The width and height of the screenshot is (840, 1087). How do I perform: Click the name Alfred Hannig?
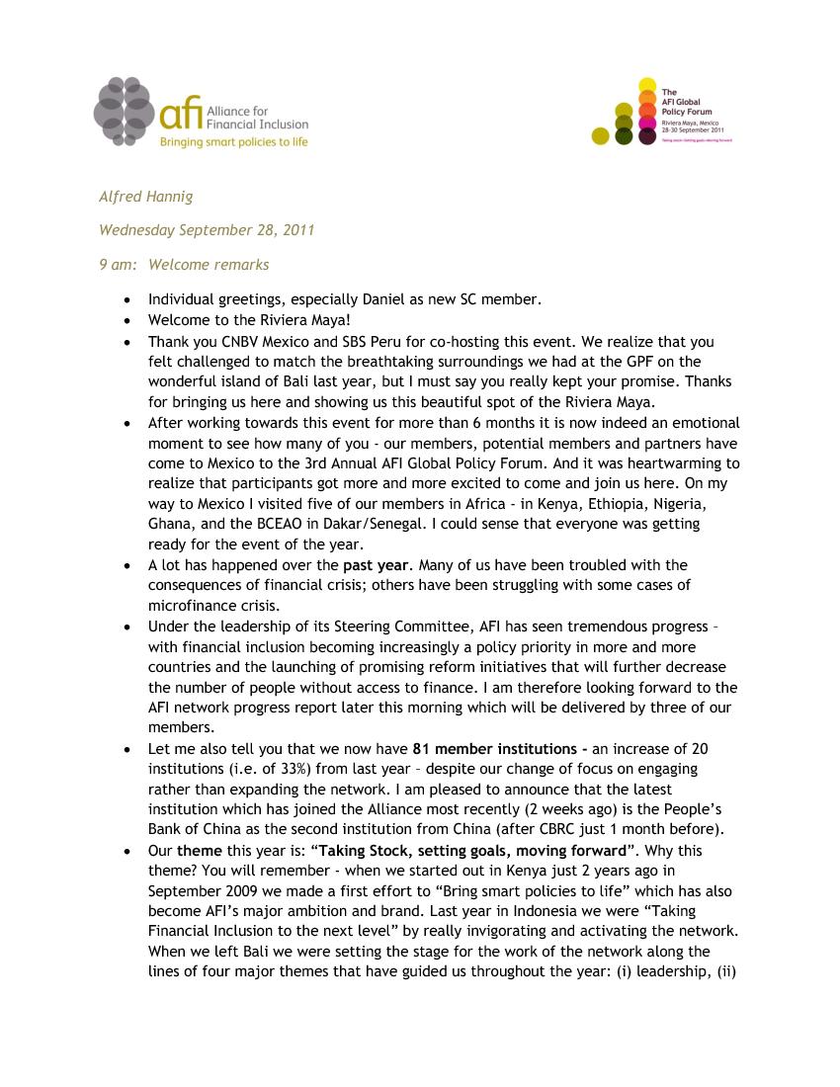(146, 197)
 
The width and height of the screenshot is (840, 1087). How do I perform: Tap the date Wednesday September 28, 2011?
(207, 230)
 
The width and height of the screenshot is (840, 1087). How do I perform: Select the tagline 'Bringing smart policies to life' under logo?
(234, 142)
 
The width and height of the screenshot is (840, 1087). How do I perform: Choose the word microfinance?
(194, 605)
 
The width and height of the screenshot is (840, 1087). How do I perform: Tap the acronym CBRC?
(574, 828)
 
